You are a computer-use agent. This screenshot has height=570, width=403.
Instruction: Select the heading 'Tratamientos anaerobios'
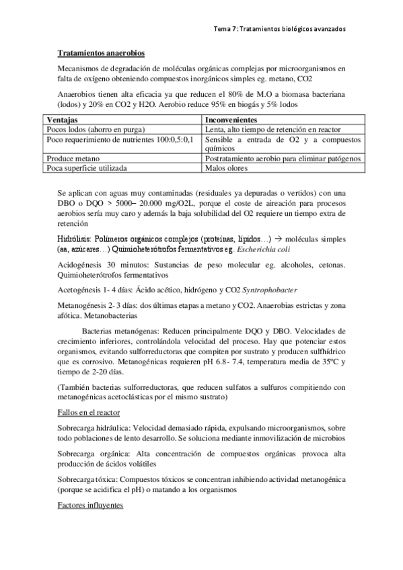pos(100,52)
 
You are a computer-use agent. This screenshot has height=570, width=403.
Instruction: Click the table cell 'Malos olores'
pos(228,168)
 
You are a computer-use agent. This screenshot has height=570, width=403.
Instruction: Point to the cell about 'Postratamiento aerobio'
pos(283,159)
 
